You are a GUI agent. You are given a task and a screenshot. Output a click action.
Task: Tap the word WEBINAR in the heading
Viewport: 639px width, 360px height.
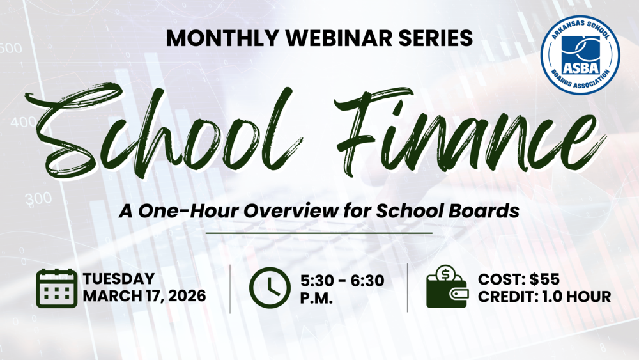pyautogui.click(x=331, y=38)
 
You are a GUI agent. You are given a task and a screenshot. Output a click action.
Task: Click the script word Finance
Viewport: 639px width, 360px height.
pyautogui.click(x=466, y=131)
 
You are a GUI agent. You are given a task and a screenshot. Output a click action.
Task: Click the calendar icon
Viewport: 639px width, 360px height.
pyautogui.click(x=56, y=288)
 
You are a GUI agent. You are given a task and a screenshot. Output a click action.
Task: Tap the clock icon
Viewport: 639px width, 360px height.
pyautogui.click(x=269, y=288)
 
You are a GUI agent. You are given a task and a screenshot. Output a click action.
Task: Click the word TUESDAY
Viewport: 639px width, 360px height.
pyautogui.click(x=119, y=279)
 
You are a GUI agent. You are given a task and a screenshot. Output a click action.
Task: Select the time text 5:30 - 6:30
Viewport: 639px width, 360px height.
pyautogui.click(x=342, y=279)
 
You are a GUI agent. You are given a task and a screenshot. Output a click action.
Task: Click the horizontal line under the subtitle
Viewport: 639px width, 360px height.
pyautogui.click(x=319, y=233)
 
